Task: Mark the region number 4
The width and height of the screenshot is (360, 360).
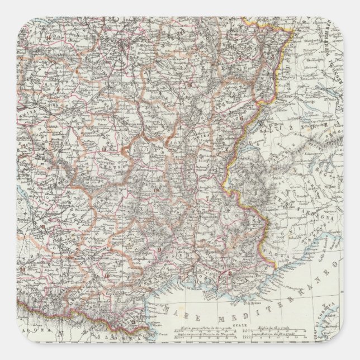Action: (x=57, y=88)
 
